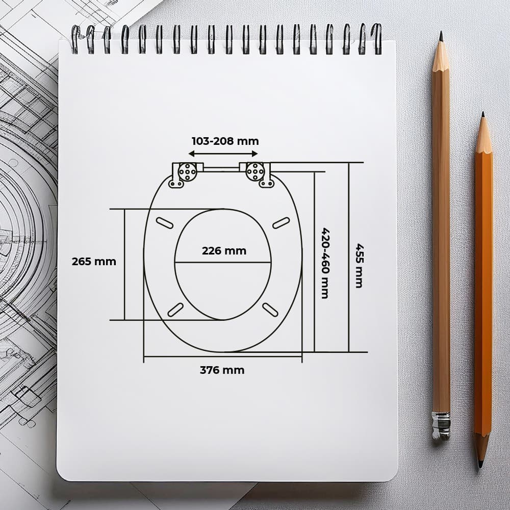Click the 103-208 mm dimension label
click(x=225, y=141)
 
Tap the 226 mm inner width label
click(x=224, y=251)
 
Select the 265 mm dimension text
click(x=94, y=262)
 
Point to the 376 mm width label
click(x=222, y=370)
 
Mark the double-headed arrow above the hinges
click(x=223, y=154)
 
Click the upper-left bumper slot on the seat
click(x=165, y=223)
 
